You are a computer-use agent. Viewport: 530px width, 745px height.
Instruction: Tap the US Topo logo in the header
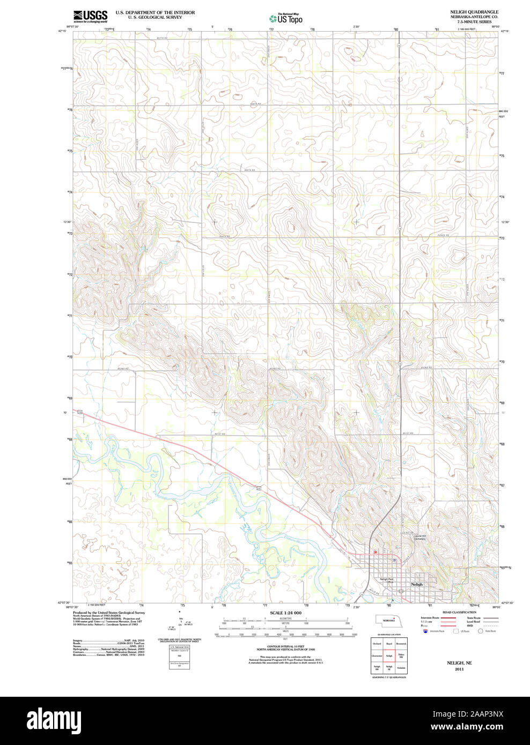[286, 18]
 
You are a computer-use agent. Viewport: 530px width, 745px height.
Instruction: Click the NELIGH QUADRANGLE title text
[474, 12]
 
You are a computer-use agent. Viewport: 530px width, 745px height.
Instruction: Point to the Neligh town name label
[417, 584]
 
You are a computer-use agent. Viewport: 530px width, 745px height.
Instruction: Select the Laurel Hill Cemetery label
[419, 537]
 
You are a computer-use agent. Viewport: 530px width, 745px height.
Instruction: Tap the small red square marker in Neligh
[375, 552]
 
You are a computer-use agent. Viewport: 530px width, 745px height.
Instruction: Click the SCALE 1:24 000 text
[285, 613]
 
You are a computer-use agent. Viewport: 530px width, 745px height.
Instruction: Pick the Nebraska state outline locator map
[388, 620]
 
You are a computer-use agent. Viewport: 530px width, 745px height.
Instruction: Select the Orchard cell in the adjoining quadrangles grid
[377, 643]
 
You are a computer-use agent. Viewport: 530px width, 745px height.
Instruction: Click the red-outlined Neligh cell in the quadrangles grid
[389, 655]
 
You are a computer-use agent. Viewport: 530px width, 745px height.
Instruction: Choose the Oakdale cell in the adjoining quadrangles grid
[401, 668]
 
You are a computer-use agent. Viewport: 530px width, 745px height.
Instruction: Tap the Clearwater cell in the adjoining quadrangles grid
[377, 655]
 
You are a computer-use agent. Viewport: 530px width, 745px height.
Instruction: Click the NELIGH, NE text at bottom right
[459, 663]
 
